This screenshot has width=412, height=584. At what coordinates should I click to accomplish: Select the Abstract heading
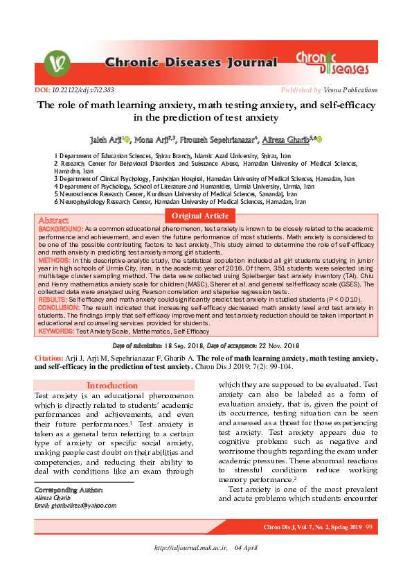point(53,220)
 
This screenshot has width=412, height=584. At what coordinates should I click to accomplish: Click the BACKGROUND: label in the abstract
point(60,228)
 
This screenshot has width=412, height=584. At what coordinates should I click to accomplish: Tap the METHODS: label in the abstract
point(54,259)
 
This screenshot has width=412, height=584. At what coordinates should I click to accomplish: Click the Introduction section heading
point(112,386)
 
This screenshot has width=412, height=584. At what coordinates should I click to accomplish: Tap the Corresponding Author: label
point(64,490)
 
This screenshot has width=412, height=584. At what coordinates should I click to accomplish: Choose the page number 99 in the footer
point(369,529)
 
